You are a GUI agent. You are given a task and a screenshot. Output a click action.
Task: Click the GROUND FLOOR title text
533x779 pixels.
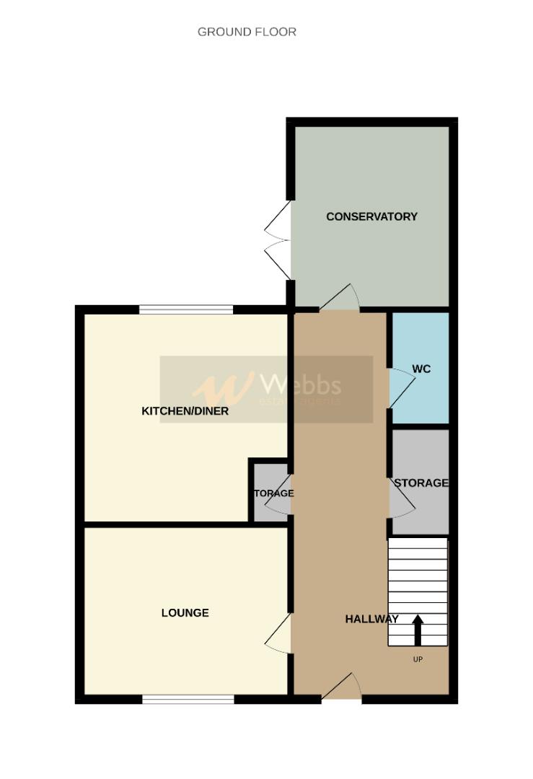click(x=247, y=32)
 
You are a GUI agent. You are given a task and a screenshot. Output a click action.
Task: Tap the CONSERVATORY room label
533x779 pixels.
click(x=371, y=216)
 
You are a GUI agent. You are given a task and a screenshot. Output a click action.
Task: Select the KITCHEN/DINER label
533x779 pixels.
click(x=185, y=411)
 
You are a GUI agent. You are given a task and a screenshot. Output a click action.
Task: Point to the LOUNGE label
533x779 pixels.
click(x=185, y=613)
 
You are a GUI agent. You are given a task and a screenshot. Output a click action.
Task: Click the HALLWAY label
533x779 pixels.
click(x=371, y=619)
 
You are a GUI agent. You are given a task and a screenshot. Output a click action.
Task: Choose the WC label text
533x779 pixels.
click(x=421, y=369)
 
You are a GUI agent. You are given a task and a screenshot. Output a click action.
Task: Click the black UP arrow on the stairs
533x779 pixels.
click(x=417, y=630)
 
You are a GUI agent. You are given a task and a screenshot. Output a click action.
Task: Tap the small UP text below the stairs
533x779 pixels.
click(x=417, y=659)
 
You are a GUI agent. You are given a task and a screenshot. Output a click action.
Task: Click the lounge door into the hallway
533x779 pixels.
click(x=279, y=633)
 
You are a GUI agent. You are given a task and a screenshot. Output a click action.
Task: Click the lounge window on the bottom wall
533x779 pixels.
click(x=188, y=699)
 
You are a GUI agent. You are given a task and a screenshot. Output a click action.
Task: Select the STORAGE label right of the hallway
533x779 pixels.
click(x=421, y=483)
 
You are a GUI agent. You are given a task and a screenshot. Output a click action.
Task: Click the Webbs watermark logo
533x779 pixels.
click(x=266, y=389)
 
